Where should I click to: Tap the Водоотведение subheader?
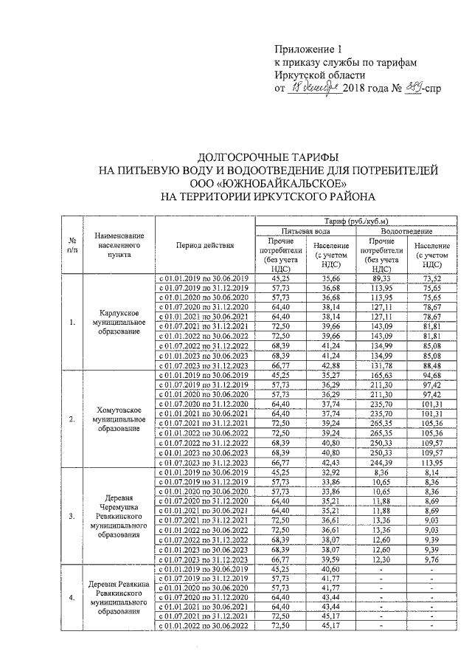pyautogui.click(x=406, y=230)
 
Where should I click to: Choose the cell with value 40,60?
pyautogui.click(x=326, y=568)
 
